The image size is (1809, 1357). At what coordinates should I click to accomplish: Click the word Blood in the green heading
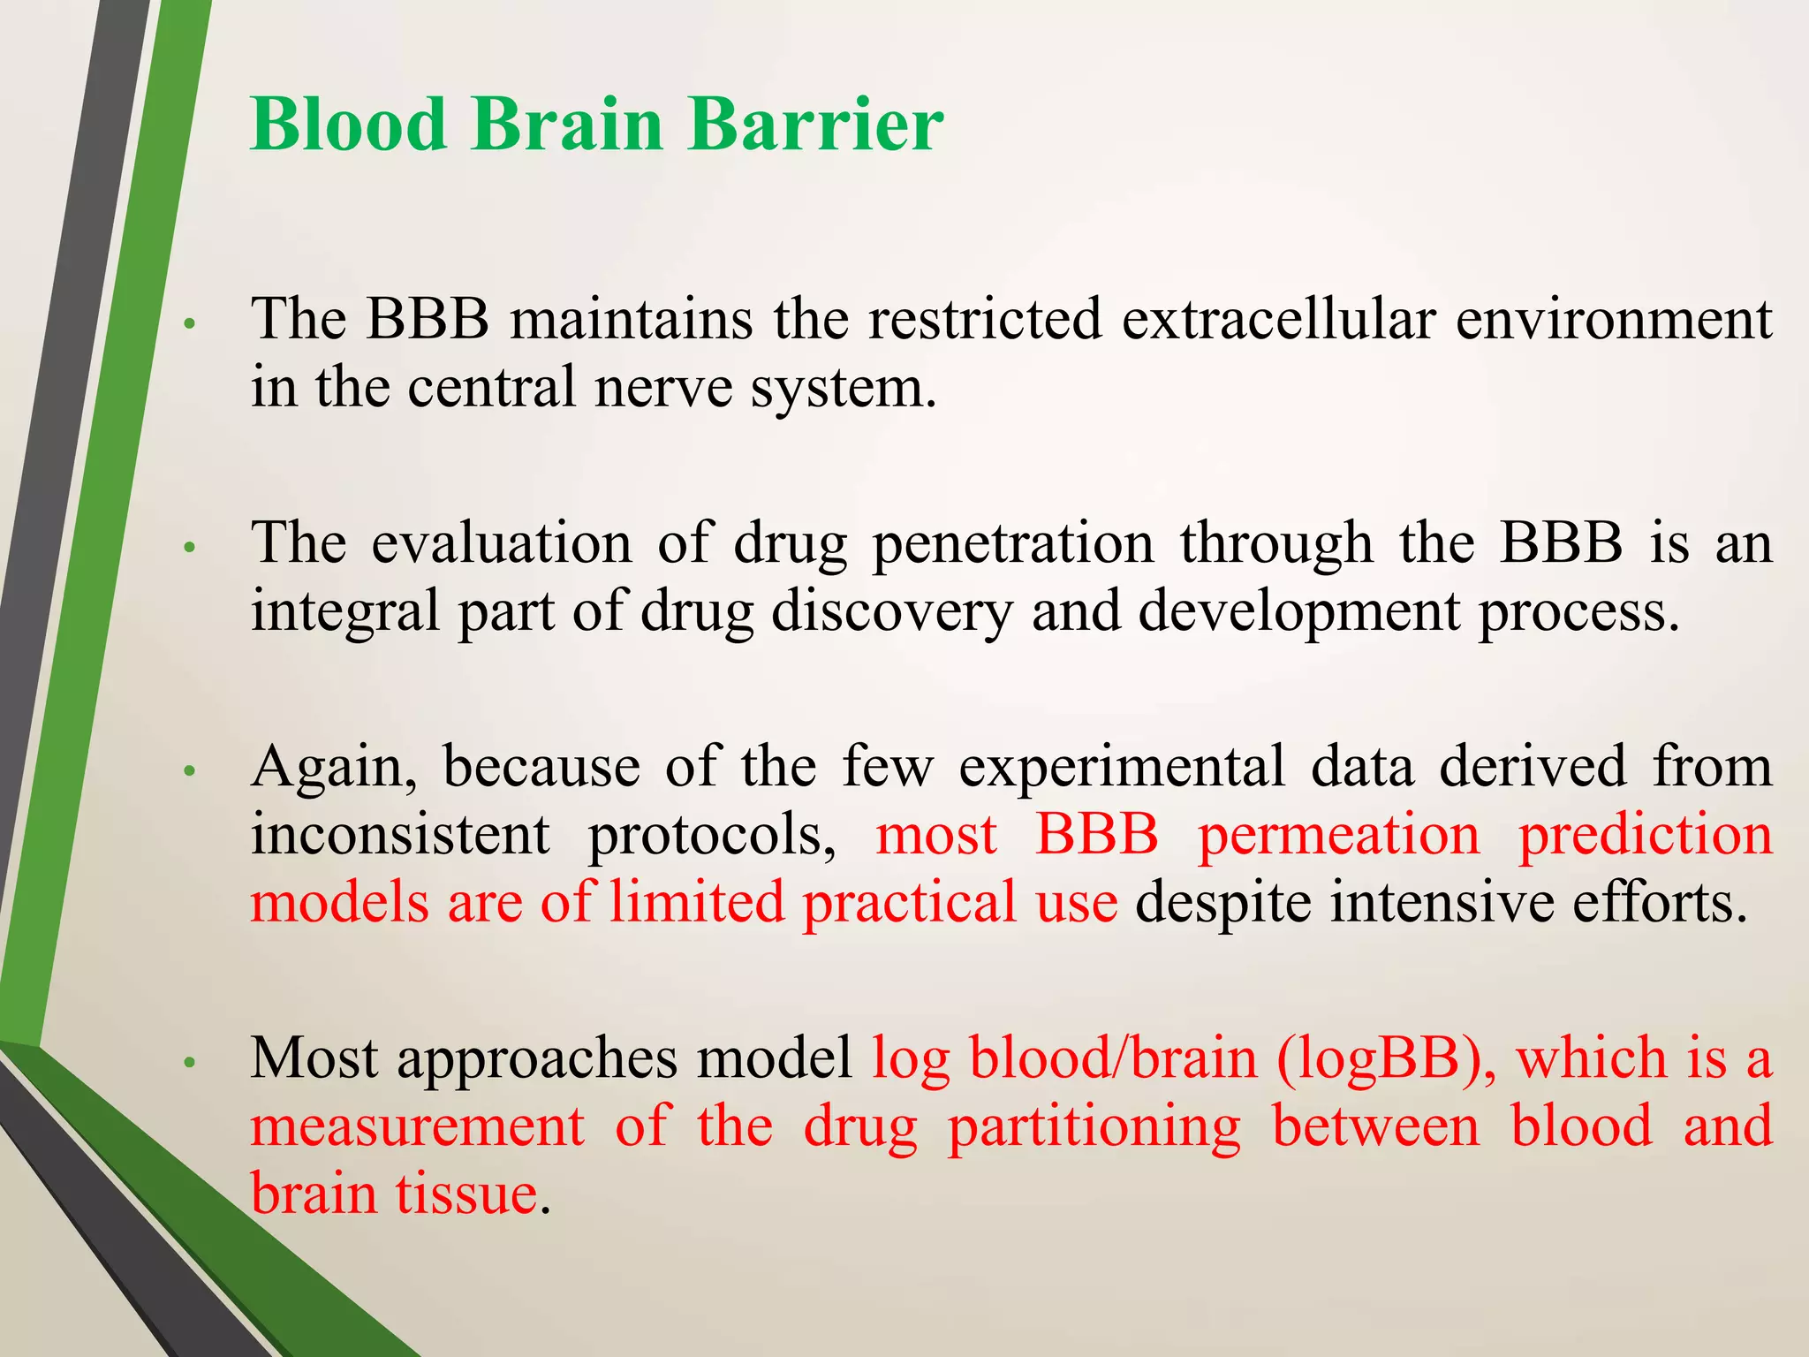(348, 124)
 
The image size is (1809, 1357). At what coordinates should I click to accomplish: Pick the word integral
(344, 611)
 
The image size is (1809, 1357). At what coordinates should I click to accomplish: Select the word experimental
(1121, 767)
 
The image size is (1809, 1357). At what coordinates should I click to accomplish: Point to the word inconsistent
(400, 834)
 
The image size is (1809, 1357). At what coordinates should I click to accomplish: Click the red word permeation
(1337, 834)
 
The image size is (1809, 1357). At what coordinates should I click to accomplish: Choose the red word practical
(909, 903)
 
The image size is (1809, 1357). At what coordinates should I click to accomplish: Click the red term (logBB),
(1386, 1058)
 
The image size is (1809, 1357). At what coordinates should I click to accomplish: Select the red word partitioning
(1094, 1127)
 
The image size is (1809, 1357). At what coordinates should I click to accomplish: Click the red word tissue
(465, 1194)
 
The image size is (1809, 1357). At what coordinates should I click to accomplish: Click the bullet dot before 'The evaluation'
(188, 549)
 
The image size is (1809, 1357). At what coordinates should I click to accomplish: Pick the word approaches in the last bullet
(537, 1058)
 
